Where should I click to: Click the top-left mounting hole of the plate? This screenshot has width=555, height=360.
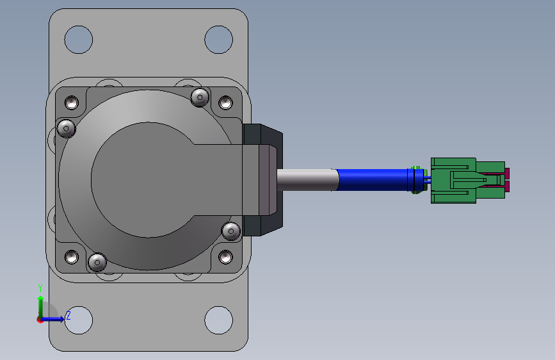point(79,40)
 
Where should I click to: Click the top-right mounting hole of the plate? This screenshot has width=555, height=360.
point(219,40)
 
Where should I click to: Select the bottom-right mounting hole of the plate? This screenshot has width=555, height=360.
point(219,320)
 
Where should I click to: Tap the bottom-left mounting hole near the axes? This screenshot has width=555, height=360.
point(79,320)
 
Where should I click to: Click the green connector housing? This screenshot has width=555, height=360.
point(467,181)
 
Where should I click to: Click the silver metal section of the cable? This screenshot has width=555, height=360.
point(307,180)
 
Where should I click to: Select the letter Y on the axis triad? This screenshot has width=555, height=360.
point(40,288)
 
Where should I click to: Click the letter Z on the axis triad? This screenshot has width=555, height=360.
point(68,315)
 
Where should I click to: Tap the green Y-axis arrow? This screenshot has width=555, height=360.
point(41,307)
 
